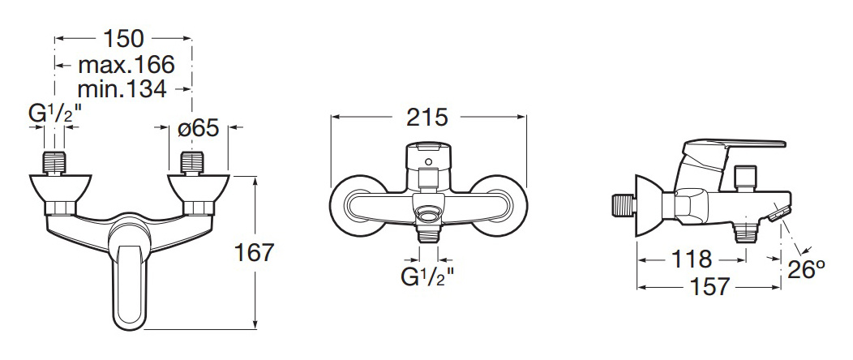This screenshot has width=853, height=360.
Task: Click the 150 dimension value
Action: pos(123,39)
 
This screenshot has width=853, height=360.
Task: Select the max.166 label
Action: pos(126,65)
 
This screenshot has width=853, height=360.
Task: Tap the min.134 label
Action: pos(122,88)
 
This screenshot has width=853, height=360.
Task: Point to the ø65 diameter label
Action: pos(199,128)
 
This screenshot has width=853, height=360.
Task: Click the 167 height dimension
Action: pos(254,252)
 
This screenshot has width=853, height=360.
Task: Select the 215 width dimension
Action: pos(427,118)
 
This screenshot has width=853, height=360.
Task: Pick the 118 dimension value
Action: pos(691,259)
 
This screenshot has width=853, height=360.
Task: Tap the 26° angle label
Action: pos(807,269)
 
